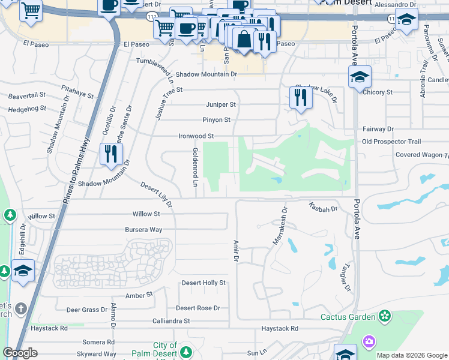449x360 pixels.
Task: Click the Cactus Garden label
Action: (348, 316)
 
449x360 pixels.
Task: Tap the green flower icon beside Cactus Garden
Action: (384, 316)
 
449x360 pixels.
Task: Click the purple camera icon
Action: (369, 341)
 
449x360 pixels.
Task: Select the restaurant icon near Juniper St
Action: (301, 98)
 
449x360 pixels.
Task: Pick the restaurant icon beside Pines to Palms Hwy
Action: (111, 154)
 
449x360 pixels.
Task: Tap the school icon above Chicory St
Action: (360, 77)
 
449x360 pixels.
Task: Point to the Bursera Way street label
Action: (143, 230)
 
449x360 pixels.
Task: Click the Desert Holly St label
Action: (205, 283)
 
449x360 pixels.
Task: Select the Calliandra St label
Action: (171, 321)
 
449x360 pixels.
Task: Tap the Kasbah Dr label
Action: (323, 207)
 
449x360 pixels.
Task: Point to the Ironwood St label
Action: (196, 136)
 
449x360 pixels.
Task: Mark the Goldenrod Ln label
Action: (195, 167)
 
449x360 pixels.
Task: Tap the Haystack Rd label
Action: (280, 328)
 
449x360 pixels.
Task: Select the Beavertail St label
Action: (27, 95)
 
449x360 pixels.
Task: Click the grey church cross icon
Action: (20, 309)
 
